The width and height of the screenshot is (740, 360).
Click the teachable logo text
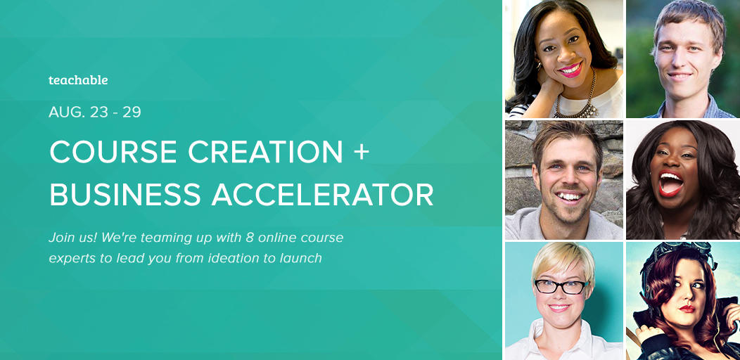(78, 80)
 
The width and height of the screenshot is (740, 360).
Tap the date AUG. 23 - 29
(95, 112)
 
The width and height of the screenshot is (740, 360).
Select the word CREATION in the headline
(266, 152)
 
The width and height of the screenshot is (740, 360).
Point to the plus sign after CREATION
(362, 153)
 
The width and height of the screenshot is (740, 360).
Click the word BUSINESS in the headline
(125, 194)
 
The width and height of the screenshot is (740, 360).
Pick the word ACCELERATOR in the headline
(322, 194)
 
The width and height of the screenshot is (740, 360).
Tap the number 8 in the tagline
(250, 238)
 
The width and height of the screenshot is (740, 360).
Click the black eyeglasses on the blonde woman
(561, 286)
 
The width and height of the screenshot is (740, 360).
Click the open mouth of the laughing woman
(670, 183)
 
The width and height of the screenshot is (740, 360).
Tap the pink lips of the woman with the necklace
(570, 70)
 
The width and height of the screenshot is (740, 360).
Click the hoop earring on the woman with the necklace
(539, 66)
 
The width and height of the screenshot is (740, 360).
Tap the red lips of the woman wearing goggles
(687, 309)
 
